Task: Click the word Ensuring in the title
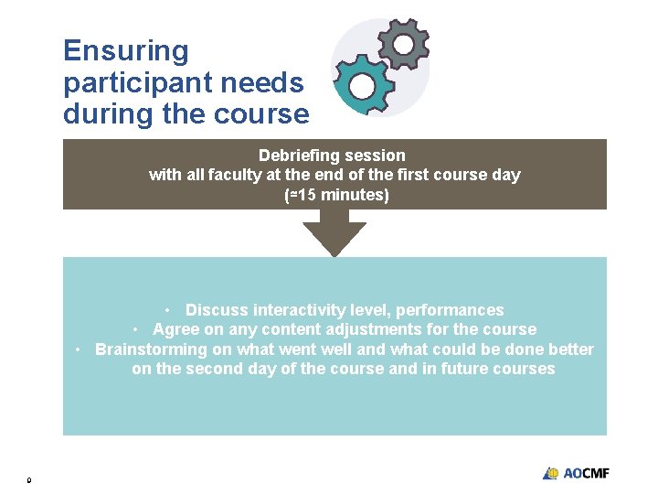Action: pyautogui.click(x=126, y=51)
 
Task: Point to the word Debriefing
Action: pyautogui.click(x=294, y=156)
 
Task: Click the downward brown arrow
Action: pyautogui.click(x=334, y=233)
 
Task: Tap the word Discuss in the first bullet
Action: pyautogui.click(x=217, y=310)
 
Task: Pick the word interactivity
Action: pyautogui.click(x=298, y=310)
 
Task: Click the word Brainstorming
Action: pyautogui.click(x=152, y=349)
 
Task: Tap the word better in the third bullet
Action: pyautogui.click(x=568, y=349)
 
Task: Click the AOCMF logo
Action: pyautogui.click(x=576, y=473)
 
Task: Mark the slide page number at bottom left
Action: pyautogui.click(x=29, y=479)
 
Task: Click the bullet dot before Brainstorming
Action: pyautogui.click(x=80, y=349)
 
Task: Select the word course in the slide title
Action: pyautogui.click(x=270, y=115)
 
